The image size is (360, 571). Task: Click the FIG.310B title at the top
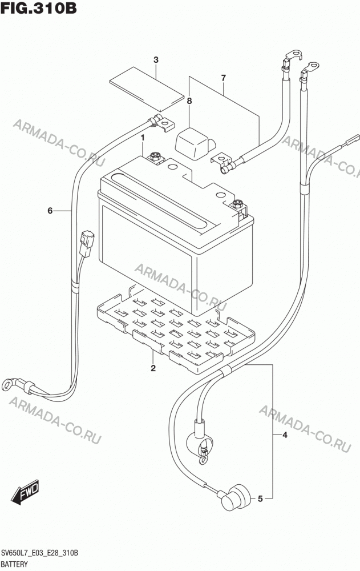pos(39,8)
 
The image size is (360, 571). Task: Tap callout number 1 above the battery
pos(143,138)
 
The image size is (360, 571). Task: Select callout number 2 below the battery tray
pos(153,368)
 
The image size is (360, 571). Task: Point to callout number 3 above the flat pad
pos(156,60)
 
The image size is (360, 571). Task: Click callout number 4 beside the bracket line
pos(285,435)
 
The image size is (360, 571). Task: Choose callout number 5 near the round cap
pos(260,498)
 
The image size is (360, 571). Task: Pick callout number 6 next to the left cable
pos(50,210)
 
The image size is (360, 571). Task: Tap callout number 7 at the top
pos(224,78)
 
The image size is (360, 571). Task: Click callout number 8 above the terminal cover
pos(189,101)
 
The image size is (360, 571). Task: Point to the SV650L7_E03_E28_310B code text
pos(40,553)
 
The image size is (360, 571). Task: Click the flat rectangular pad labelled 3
pos(147,89)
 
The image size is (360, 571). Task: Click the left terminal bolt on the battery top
pos(155,157)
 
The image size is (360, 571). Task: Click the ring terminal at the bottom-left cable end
pos(8,384)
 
